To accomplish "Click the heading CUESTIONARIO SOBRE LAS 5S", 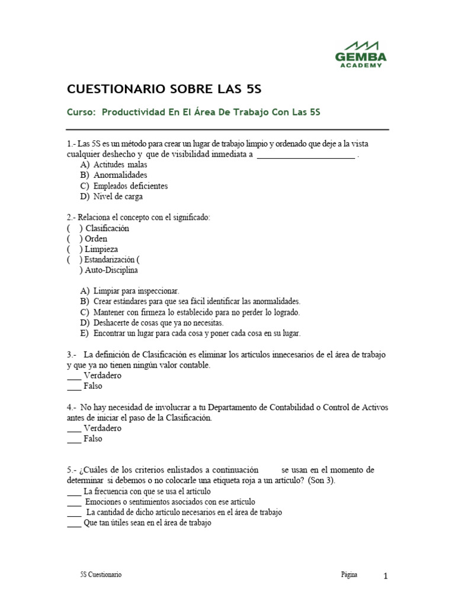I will point(165,90).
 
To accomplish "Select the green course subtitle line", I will point(194,113).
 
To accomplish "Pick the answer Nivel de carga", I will point(118,196).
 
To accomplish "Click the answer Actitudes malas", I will point(120,164).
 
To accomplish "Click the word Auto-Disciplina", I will point(111,270).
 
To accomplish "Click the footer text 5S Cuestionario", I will point(101,575).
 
